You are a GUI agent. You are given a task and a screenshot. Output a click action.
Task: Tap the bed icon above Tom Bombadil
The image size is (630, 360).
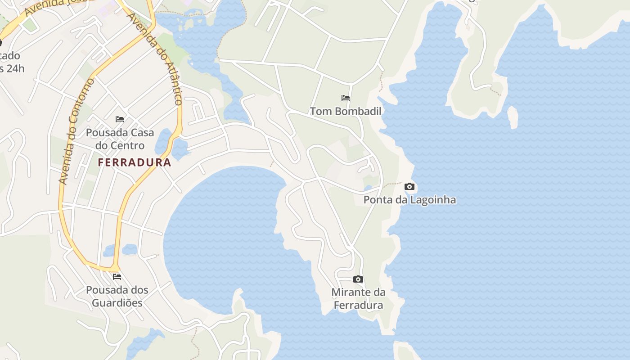tap(346, 98)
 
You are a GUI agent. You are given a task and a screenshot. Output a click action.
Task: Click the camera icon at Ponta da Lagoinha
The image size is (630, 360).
tap(409, 186)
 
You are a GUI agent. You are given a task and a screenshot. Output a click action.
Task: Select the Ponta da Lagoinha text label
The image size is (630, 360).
tap(409, 200)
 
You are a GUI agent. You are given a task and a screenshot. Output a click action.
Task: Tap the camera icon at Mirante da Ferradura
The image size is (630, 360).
tap(358, 279)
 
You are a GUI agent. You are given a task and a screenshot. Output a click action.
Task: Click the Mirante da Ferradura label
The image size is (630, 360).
tap(358, 299)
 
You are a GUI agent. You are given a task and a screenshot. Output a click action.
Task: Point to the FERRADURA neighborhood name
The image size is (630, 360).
tap(135, 162)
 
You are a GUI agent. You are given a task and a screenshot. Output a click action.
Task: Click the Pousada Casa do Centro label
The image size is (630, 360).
tap(120, 139)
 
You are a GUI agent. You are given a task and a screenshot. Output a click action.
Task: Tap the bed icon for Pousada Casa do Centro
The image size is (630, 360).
tap(120, 119)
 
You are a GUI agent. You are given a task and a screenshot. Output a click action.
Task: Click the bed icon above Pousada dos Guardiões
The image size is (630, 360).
tap(117, 276)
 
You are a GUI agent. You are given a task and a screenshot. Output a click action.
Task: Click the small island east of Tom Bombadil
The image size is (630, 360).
tap(513, 117)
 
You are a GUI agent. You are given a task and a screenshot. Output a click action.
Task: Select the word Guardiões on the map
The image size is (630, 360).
tap(117, 303)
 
